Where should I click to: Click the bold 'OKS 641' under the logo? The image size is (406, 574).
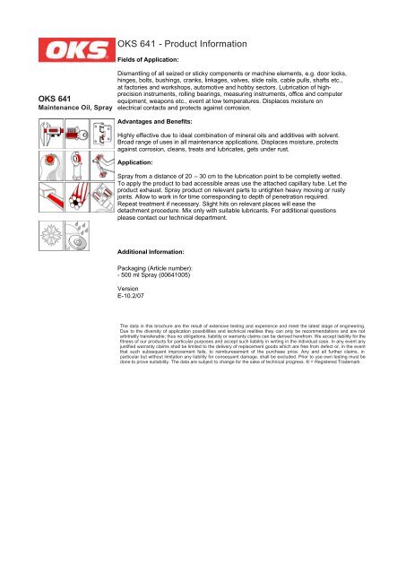(49, 99)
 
